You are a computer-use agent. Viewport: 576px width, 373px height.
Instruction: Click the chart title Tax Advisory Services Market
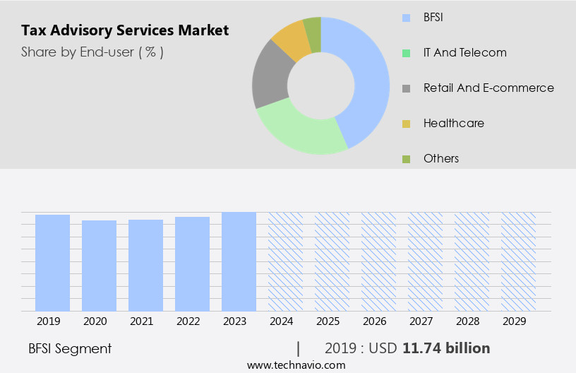click(x=125, y=30)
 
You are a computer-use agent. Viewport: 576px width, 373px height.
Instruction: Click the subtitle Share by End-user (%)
click(x=92, y=52)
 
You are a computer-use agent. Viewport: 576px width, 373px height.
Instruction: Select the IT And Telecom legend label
click(x=464, y=52)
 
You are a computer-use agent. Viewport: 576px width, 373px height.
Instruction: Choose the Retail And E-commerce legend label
click(x=488, y=88)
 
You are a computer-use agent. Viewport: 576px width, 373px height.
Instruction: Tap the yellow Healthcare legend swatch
click(x=406, y=124)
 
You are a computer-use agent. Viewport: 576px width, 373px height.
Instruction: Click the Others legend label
click(x=441, y=158)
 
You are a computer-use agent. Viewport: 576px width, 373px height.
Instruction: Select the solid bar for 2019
click(x=52, y=262)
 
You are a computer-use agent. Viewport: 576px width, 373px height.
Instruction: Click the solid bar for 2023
click(x=239, y=261)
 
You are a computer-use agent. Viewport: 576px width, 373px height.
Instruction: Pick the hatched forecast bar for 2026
click(x=378, y=261)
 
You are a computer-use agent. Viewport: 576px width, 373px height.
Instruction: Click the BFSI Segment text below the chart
click(x=70, y=348)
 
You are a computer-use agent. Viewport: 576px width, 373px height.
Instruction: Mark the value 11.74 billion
click(x=446, y=348)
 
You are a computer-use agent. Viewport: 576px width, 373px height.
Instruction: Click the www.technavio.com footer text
click(x=296, y=365)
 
